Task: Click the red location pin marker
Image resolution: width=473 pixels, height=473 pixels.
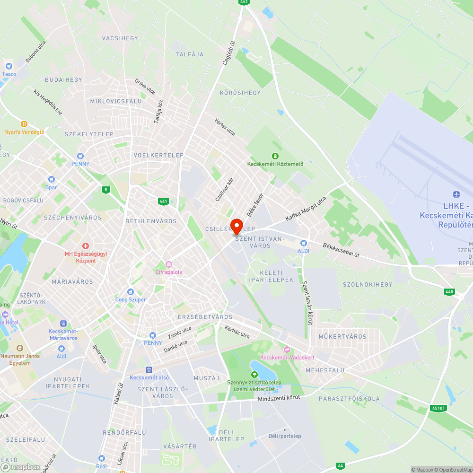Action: [236, 226]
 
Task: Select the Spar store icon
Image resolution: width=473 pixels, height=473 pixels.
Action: [51, 180]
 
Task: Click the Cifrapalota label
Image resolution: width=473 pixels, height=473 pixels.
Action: [169, 272]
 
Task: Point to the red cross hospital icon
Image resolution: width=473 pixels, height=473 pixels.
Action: [86, 246]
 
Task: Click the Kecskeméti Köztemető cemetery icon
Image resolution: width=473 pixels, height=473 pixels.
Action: [275, 156]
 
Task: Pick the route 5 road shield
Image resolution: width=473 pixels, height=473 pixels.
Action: [105, 190]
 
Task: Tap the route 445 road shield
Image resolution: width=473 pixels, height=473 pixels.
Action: [449, 292]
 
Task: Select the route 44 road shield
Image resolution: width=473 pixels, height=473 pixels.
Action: [340, 466]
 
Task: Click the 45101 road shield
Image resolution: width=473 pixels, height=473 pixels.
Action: [438, 408]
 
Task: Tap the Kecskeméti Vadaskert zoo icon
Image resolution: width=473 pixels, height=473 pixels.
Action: [286, 349]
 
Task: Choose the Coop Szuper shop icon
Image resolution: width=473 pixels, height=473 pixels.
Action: [131, 292]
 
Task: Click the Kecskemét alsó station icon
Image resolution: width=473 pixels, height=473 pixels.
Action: [149, 369]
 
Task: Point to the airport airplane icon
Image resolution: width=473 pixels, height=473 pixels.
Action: [456, 194]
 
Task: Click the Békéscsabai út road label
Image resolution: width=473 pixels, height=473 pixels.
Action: [341, 250]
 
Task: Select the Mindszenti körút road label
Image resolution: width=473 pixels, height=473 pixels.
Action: [279, 399]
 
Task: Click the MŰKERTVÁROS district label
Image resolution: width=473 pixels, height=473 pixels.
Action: [342, 337]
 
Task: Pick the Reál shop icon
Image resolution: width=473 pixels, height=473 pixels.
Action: [101, 458]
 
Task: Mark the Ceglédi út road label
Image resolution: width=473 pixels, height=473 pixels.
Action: [229, 51]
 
